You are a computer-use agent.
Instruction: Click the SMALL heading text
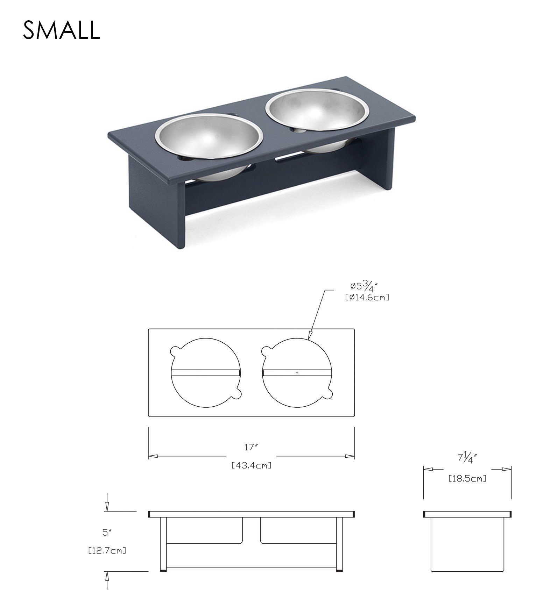62,30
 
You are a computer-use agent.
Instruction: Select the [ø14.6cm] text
367,298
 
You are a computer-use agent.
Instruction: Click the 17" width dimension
251,447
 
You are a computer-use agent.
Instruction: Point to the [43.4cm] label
251,465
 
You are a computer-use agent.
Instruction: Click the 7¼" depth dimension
467,458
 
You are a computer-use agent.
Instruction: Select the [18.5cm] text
467,479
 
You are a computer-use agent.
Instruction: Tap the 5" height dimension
107,533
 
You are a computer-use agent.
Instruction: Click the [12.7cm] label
107,551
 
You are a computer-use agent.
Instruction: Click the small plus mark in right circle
297,373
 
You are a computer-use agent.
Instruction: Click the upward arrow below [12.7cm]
107,577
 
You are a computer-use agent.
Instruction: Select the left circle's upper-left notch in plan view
174,350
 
